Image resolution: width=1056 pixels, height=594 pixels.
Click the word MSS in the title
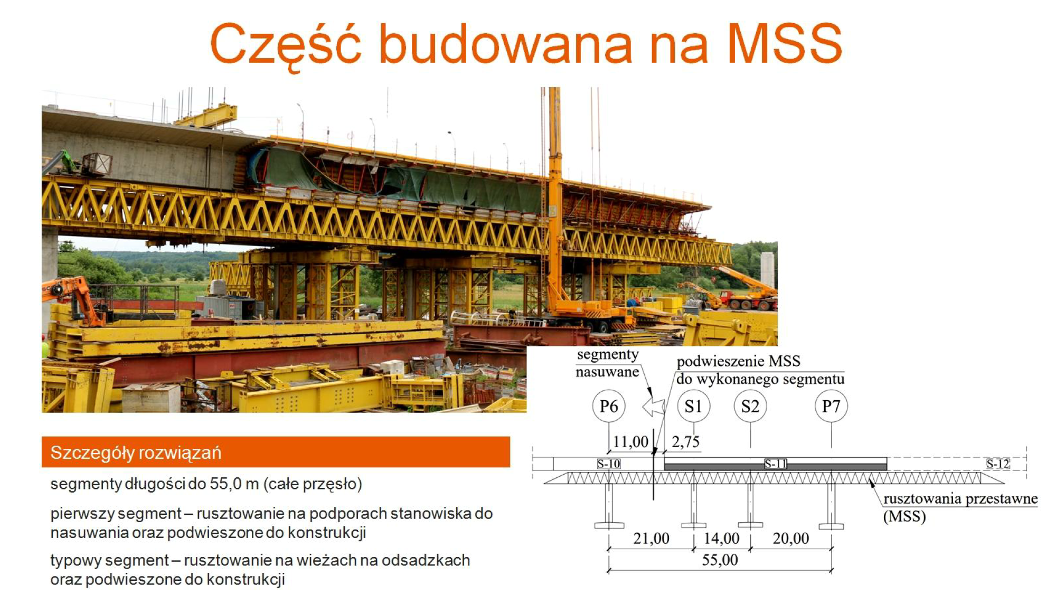(x=785, y=43)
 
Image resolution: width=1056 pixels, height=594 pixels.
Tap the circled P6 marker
(x=609, y=406)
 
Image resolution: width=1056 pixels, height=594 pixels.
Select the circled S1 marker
(x=693, y=406)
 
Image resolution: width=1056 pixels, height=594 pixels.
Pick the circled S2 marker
(x=750, y=406)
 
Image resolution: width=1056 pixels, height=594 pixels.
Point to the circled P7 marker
(x=831, y=406)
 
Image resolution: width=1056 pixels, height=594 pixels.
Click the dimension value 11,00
(x=630, y=441)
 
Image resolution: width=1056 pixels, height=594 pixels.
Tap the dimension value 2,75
(x=685, y=441)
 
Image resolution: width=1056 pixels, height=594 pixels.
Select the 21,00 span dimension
(x=651, y=538)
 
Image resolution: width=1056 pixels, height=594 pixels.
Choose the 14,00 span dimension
(x=721, y=538)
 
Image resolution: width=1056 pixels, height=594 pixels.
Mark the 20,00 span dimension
(x=790, y=538)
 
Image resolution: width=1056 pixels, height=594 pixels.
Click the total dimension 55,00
(x=720, y=560)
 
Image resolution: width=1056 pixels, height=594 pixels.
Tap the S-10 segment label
(x=609, y=464)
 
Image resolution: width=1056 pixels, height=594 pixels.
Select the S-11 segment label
(x=776, y=464)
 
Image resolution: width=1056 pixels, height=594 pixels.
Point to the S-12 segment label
(x=998, y=464)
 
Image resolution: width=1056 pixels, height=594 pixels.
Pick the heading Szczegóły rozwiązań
(x=136, y=453)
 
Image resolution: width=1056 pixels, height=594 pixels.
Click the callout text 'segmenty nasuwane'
(x=607, y=363)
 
